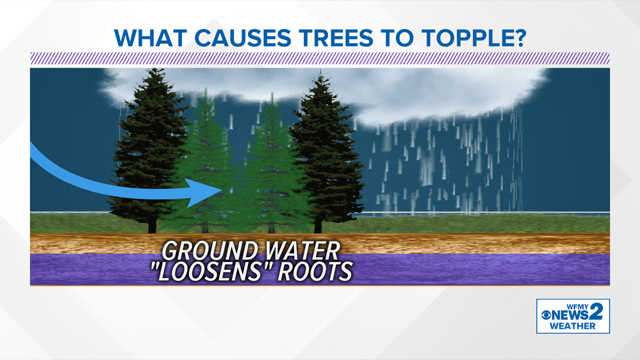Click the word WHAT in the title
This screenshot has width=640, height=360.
tap(150, 38)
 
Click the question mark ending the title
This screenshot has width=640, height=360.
tap(518, 38)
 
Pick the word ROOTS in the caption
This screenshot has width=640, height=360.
tap(315, 271)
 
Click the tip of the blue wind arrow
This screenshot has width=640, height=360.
tap(222, 191)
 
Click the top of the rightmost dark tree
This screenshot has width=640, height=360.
tap(321, 72)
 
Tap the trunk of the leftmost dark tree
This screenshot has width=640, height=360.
tap(152, 224)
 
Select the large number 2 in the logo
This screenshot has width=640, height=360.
tap(596, 312)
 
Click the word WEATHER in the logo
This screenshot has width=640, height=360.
tap(572, 326)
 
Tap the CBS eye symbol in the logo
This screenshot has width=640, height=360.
tap(546, 315)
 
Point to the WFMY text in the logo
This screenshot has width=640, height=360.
tap(577, 307)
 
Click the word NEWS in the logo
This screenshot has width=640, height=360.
tap(570, 315)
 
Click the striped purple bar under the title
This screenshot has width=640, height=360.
tap(320, 58)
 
